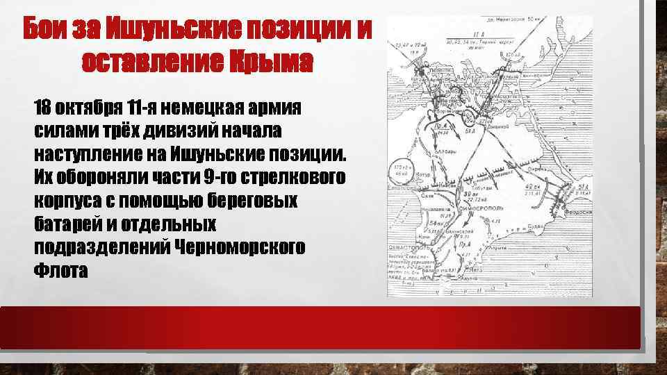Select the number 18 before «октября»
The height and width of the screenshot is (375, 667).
click(x=44, y=108)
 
